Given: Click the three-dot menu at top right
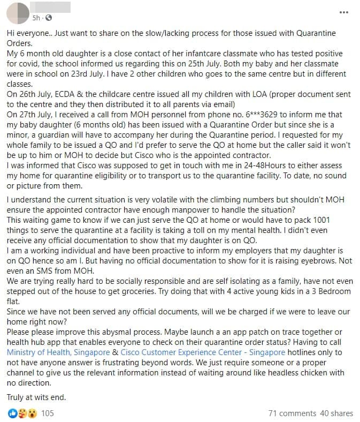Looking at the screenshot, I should point(344,13).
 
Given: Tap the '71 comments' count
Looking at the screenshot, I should point(292,413).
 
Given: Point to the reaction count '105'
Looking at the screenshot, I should point(47,413).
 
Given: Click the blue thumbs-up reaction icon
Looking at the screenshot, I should point(11,413).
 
